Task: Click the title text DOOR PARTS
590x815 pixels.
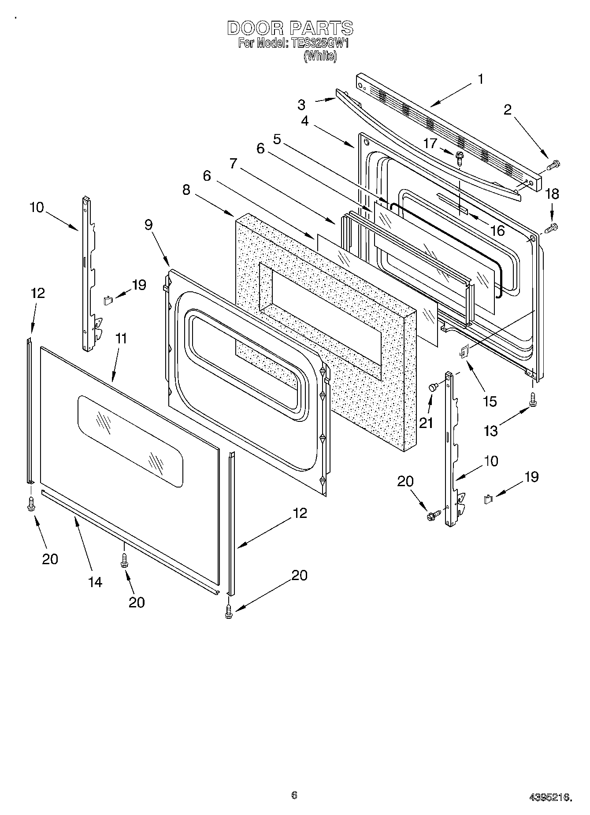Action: point(290,28)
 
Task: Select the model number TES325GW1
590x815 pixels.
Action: point(318,44)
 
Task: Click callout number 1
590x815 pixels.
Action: point(481,79)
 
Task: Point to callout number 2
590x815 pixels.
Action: point(508,110)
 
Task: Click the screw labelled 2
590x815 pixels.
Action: point(553,165)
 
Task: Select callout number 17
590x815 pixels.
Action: point(430,143)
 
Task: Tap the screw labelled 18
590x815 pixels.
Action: point(551,228)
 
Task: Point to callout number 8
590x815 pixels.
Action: point(187,190)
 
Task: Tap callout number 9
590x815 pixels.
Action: point(148,225)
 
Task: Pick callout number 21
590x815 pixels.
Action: point(426,423)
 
